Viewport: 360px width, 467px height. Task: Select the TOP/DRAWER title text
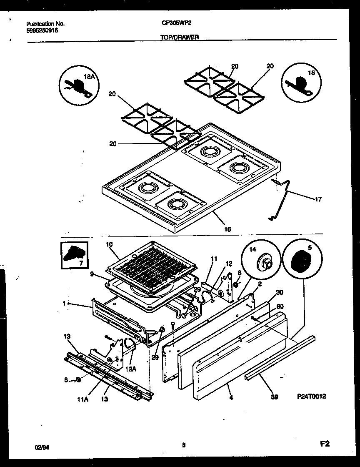point(180,37)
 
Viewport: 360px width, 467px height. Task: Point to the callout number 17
point(318,199)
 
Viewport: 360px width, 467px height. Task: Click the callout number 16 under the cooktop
point(227,229)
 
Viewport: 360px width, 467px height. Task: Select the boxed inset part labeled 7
point(75,255)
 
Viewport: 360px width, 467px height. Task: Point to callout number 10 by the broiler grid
point(110,244)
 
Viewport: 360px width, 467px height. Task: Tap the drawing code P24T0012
point(312,397)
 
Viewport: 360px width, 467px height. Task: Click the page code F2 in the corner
point(325,444)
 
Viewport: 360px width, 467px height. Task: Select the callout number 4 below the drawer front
point(231,398)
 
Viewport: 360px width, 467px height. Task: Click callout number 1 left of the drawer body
point(64,304)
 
